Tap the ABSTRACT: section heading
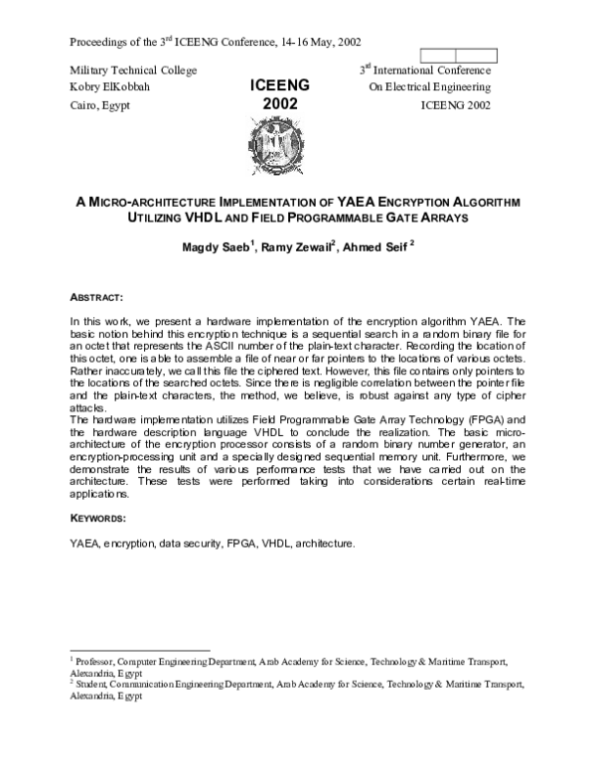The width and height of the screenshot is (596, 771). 96,298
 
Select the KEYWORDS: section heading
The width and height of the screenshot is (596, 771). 98,519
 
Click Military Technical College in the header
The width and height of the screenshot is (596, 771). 133,70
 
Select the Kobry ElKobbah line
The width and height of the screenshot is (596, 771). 112,87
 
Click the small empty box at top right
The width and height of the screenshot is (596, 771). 438,55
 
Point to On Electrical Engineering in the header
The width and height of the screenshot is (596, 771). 429,87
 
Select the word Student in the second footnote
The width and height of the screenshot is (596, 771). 92,684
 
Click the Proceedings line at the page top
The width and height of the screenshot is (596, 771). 216,43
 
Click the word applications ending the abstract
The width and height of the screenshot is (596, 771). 100,494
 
